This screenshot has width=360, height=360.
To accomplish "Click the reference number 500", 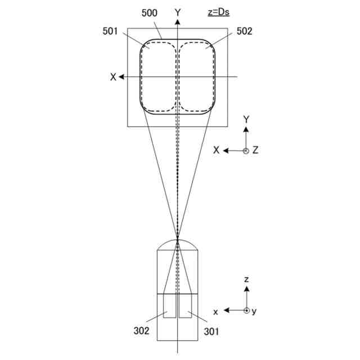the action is coord(150,13).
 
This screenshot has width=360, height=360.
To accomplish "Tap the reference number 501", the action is coord(110,31).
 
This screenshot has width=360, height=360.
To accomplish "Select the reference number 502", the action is coord(244,31).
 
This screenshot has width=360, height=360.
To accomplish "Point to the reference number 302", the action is coord(141,331).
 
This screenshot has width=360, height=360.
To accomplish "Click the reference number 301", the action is coord(211,331).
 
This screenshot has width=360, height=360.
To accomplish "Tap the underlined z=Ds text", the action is coord(219,12).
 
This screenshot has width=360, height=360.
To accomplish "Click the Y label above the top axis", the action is coord(178,13).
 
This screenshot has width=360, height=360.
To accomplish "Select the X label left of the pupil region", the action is coord(113,77).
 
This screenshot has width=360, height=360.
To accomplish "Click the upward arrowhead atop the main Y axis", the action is coord(178,22).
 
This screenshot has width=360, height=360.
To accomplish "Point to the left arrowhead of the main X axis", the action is coord(121,76).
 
